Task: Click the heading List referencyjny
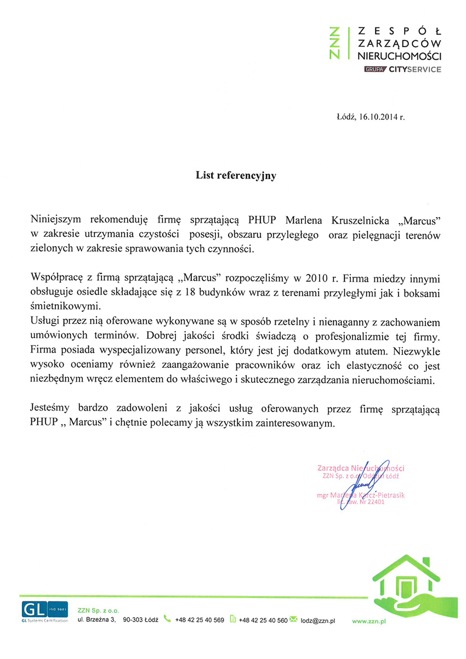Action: (236, 176)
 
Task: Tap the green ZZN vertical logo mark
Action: (338, 42)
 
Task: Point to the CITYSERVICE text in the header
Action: (415, 70)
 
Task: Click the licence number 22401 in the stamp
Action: (376, 502)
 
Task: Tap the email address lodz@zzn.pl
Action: (318, 621)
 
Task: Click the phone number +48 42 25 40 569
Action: (200, 620)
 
